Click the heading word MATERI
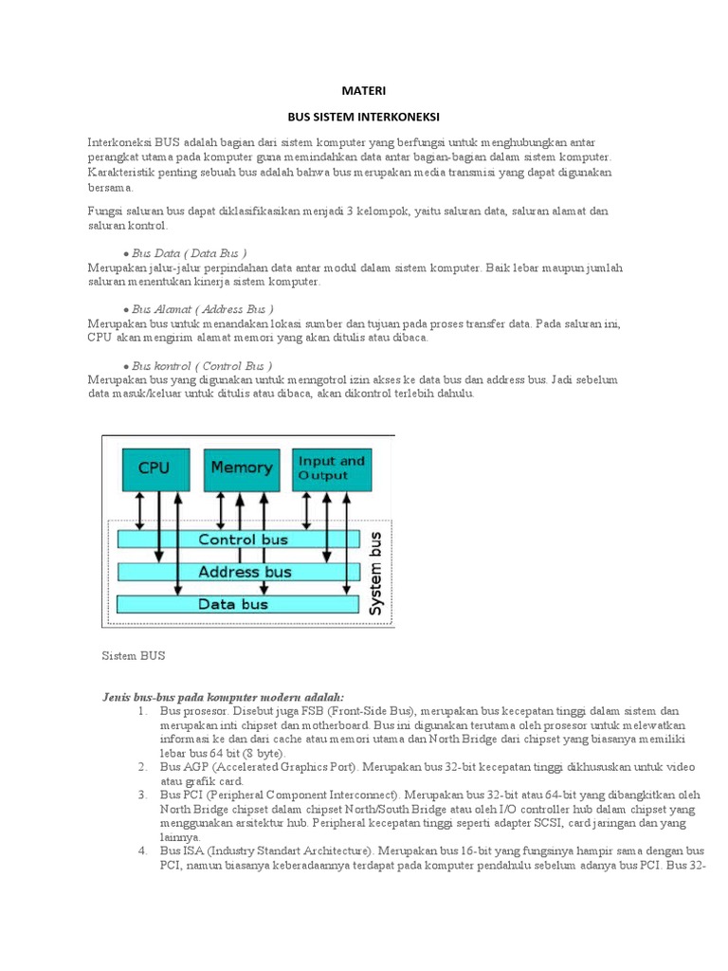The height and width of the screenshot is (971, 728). [x=363, y=91]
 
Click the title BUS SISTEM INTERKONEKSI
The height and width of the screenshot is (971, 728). [x=363, y=119]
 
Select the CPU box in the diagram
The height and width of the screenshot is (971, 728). [x=154, y=467]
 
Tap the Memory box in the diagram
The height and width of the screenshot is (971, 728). [x=241, y=467]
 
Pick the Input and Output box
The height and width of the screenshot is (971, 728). [x=331, y=467]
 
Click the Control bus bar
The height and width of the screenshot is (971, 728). [x=238, y=540]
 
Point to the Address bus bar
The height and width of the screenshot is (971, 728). [x=238, y=572]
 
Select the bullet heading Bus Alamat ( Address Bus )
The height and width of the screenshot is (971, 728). [x=202, y=309]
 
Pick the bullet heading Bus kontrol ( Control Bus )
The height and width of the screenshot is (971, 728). [x=201, y=365]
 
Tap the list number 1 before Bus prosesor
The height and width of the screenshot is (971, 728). [x=142, y=711]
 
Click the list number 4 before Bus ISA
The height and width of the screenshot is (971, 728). [x=142, y=852]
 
